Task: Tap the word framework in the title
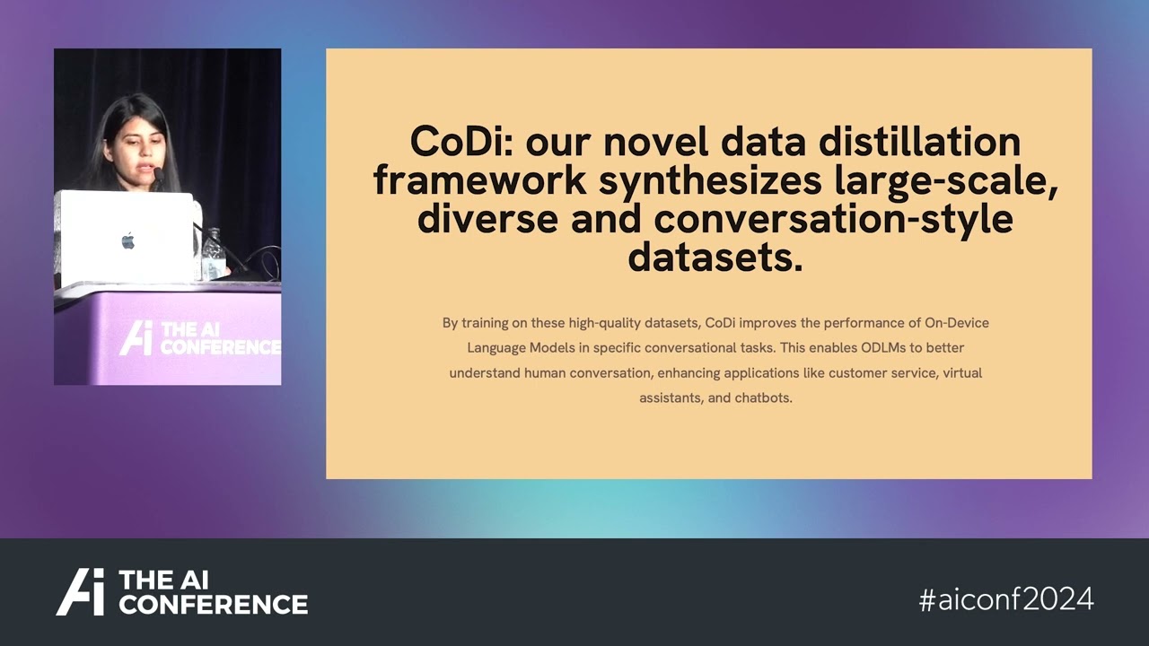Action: point(480,180)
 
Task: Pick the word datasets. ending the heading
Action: point(715,258)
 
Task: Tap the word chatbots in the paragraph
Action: point(762,397)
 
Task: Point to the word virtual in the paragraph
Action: point(962,372)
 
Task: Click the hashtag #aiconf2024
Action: point(1006,599)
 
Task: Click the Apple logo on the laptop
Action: point(127,240)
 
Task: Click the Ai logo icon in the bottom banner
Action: point(81,592)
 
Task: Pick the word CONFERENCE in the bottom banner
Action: point(213,604)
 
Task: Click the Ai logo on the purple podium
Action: point(136,337)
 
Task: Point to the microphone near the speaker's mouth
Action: point(157,172)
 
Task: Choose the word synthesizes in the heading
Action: point(710,180)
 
